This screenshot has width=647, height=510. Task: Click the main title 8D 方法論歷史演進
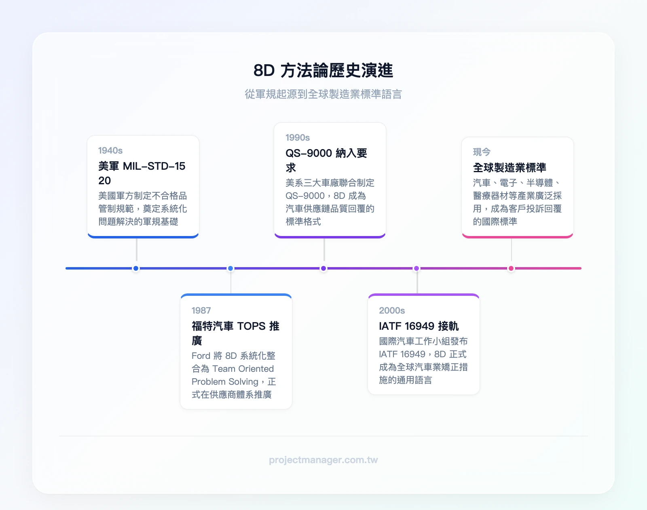coord(323,71)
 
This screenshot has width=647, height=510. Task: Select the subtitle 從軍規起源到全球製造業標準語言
coord(323,94)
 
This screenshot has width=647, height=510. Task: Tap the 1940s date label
coord(110,151)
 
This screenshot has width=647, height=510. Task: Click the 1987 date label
coord(201,311)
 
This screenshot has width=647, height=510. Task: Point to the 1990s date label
coord(298,138)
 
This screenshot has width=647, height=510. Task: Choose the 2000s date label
coord(392,311)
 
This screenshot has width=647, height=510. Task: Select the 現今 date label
coord(482,152)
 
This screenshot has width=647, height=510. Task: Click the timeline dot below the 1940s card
coord(136,268)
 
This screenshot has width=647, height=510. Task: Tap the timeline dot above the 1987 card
coord(230,268)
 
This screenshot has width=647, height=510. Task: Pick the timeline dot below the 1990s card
coord(323,268)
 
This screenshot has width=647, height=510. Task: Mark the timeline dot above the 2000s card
coord(417,268)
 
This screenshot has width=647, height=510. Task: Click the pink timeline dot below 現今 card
coord(511,268)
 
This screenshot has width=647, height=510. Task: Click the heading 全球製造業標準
coord(510,168)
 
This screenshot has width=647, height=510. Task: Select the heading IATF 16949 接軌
coord(419,326)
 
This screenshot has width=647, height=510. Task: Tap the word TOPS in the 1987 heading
coord(251,326)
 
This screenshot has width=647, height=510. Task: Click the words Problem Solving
coord(225,382)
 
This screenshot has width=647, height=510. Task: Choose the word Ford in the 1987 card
coord(201,356)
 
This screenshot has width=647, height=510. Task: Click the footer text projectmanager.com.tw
coord(323,460)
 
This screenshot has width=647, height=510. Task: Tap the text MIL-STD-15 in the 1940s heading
coord(154,166)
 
